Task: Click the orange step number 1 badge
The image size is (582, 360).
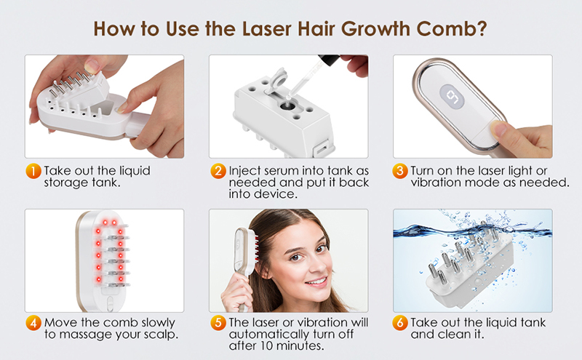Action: pyautogui.click(x=33, y=171)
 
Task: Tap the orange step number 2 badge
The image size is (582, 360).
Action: pyautogui.click(x=218, y=171)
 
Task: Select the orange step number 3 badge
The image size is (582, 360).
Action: pyautogui.click(x=399, y=171)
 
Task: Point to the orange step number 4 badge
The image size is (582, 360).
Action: pyautogui.click(x=33, y=323)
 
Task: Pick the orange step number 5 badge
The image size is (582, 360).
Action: pyautogui.click(x=218, y=323)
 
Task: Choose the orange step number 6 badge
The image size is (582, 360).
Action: pyautogui.click(x=399, y=323)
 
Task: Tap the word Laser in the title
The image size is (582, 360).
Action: pyautogui.click(x=288, y=28)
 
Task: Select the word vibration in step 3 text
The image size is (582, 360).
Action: pyautogui.click(x=432, y=183)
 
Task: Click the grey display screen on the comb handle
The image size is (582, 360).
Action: pyautogui.click(x=452, y=97)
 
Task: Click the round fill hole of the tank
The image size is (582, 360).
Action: pyautogui.click(x=287, y=105)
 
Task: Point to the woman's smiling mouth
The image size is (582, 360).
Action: pyautogui.click(x=316, y=281)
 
